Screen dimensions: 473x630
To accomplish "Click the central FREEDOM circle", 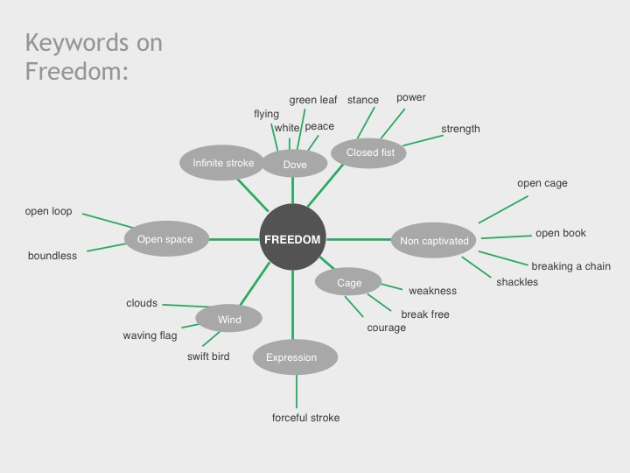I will (x=292, y=239).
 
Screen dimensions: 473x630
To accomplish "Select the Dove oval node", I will (x=295, y=164).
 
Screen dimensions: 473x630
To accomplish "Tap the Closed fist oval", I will (x=370, y=152).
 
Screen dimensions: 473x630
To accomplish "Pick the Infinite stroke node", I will (x=223, y=163).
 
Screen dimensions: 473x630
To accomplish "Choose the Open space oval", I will (x=164, y=238).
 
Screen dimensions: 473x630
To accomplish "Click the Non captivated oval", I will (x=434, y=240).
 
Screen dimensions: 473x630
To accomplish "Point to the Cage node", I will (x=349, y=283).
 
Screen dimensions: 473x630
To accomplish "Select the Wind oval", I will (x=229, y=320).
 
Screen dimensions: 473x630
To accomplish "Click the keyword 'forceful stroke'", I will (x=305, y=418).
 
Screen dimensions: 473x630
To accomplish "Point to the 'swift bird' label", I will (x=208, y=357).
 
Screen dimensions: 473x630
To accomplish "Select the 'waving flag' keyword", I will (x=151, y=335).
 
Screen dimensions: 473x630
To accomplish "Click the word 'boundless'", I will (x=52, y=256).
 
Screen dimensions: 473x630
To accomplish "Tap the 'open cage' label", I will (x=542, y=184).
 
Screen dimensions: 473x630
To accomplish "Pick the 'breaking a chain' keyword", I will (x=570, y=266).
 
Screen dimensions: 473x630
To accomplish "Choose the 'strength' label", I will (x=460, y=129).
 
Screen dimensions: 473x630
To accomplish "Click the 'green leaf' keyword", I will (x=313, y=100).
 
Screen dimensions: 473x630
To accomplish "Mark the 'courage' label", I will (x=387, y=328).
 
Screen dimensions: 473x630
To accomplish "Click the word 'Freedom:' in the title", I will (x=77, y=71).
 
